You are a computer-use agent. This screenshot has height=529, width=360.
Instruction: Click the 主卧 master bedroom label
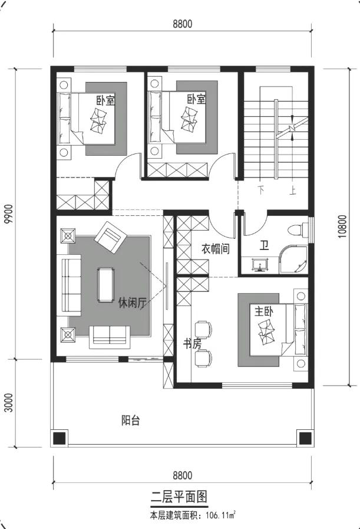pyautogui.click(x=263, y=311)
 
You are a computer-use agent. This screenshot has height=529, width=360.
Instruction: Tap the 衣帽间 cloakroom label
pyautogui.click(x=216, y=249)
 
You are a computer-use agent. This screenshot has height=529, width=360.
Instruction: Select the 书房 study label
pyautogui.click(x=192, y=344)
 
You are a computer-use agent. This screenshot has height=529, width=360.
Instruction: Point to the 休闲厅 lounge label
pyautogui.click(x=132, y=303)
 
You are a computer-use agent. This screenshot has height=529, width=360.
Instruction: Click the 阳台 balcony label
pyautogui.click(x=130, y=420)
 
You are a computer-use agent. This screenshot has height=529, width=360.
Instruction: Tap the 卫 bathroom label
pyautogui.click(x=265, y=245)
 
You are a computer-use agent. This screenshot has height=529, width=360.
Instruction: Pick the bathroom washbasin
pyautogui.click(x=260, y=265)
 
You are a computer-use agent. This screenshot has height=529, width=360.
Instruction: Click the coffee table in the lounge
pyautogui.click(x=105, y=284)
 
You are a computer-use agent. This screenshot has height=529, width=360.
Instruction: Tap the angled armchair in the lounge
pyautogui.click(x=110, y=237)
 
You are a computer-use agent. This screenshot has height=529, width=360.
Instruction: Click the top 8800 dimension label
pyautogui.click(x=183, y=24)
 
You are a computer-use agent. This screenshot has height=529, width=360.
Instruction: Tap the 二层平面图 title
pyautogui.click(x=179, y=497)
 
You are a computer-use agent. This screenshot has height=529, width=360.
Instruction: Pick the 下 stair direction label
pyautogui.click(x=262, y=190)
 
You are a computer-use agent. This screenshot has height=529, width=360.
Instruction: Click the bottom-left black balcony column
pyautogui.click(x=59, y=438)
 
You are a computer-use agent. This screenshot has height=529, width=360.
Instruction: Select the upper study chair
pyautogui.click(x=204, y=328)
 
